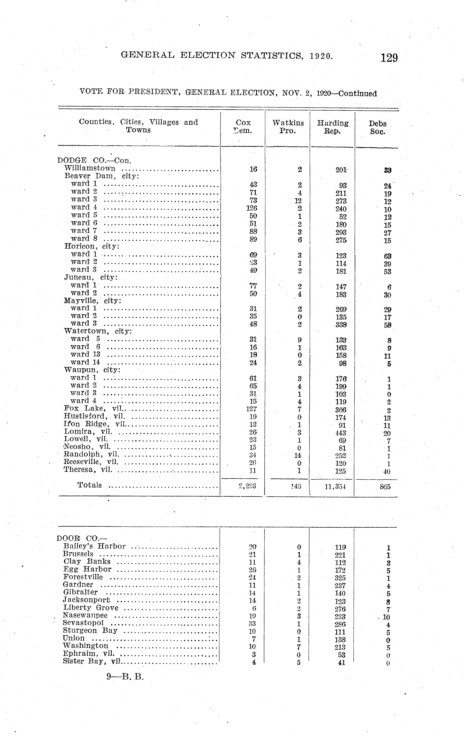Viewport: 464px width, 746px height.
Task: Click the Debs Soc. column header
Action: pos(377,127)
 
